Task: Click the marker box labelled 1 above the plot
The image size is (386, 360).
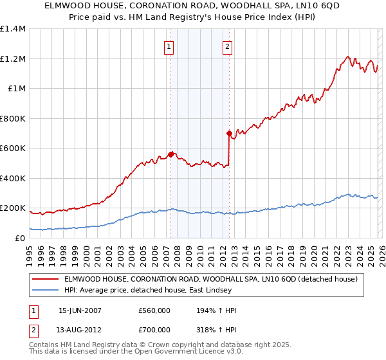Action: tap(169, 46)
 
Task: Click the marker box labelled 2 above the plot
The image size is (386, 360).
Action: tap(228, 46)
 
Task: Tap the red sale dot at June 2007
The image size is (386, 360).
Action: tap(170, 154)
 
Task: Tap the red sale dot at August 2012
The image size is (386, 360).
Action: tap(229, 134)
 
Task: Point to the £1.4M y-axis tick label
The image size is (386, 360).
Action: tap(13, 29)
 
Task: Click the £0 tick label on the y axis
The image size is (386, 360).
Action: tap(21, 238)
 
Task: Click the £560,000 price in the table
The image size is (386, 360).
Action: tap(154, 310)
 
